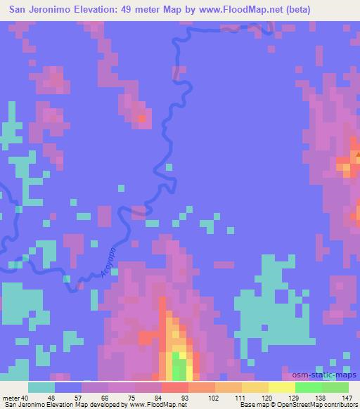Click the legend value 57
tap(81, 398)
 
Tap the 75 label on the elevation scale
tap(134, 398)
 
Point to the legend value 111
tap(241, 398)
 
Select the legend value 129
tap(295, 398)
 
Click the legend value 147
tap(348, 398)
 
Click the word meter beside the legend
tap(12, 398)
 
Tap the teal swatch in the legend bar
tap(41, 387)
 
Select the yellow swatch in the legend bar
tap(281, 387)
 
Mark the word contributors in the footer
tap(336, 405)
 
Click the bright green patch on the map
tap(181, 368)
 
